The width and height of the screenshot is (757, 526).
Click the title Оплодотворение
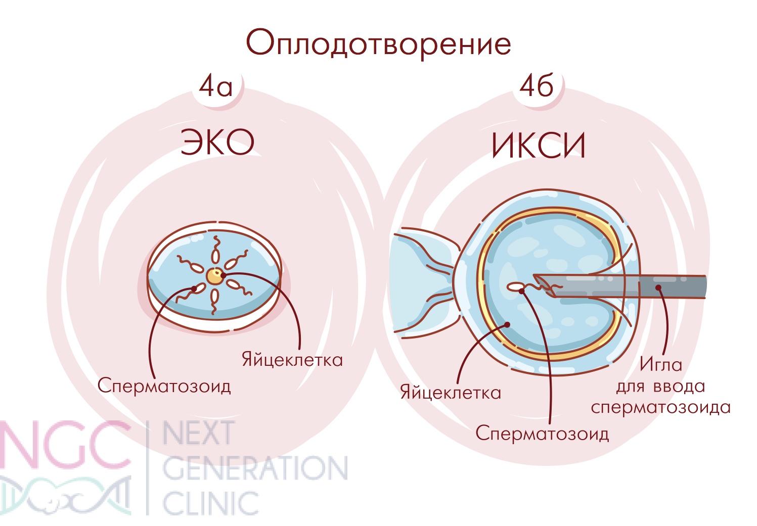[x=378, y=44]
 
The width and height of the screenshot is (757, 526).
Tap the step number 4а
[x=215, y=86]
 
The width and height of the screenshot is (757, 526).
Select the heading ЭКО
[x=217, y=142]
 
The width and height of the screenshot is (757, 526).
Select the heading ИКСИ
[x=539, y=145]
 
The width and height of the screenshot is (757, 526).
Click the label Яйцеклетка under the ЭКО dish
[x=292, y=360]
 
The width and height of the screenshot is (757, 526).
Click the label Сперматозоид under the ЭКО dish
[x=164, y=385]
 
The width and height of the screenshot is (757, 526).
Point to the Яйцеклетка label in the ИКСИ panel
[x=451, y=392]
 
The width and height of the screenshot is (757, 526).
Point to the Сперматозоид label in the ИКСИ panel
[x=542, y=433]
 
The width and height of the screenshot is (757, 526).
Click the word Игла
[x=661, y=365]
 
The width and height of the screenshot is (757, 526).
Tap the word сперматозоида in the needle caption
[x=661, y=407]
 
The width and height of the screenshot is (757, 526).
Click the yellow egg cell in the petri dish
[x=215, y=276]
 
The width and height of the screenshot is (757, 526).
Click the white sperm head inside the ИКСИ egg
[x=515, y=287]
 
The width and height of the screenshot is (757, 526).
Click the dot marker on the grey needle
[x=658, y=288]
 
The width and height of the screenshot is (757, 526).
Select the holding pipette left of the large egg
[x=424, y=283]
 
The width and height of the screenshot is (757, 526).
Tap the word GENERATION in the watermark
[x=255, y=468]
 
